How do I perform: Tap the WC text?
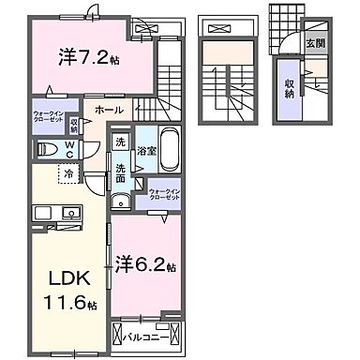(x=69, y=150)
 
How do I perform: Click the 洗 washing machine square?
(x=120, y=143)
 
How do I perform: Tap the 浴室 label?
(x=145, y=150)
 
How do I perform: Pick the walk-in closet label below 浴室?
(x=164, y=194)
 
